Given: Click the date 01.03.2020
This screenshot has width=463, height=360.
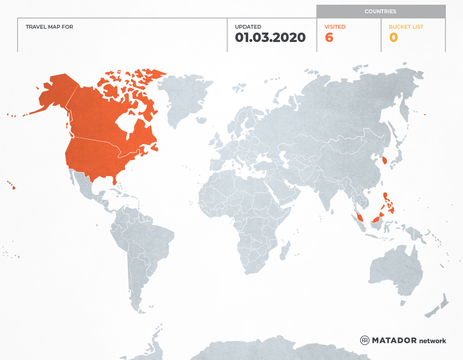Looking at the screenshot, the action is tap(270, 38).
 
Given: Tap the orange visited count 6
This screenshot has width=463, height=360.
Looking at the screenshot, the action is tap(329, 38).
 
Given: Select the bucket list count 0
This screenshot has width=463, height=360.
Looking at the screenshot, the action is tap(393, 38).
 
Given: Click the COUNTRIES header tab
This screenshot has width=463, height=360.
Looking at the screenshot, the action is tap(380, 12).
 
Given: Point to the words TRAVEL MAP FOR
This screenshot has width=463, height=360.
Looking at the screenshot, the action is tap(49, 27).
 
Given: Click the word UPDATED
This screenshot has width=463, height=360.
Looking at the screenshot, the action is tap(248, 27).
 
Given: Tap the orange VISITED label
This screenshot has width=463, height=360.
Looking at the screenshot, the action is tap(335, 27).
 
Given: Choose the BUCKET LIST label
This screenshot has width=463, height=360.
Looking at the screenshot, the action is tap(406, 27).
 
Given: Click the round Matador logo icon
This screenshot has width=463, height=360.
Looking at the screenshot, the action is tap(364, 340).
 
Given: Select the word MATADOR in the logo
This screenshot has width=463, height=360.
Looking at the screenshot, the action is tap(394, 341).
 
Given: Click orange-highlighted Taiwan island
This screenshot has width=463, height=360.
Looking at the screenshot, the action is tap(384, 161).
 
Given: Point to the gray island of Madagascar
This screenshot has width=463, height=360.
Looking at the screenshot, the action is tap(284, 251).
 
